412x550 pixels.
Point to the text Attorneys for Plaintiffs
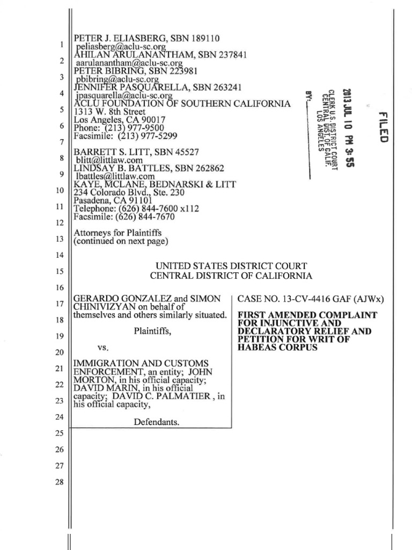pos(117,233)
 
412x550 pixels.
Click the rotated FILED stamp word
pos(382,127)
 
